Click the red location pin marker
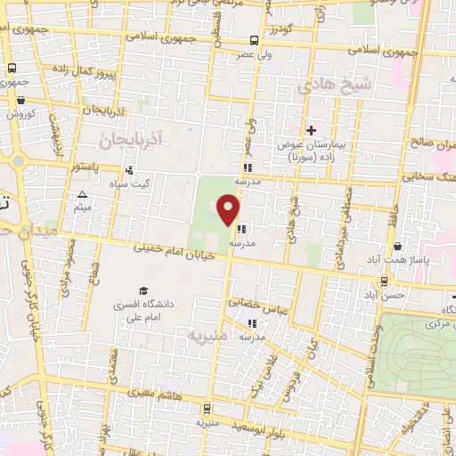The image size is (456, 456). [229, 210]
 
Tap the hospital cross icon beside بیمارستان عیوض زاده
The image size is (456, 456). [311, 131]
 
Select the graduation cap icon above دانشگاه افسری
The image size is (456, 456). [142, 291]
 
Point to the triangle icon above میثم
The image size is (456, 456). [83, 195]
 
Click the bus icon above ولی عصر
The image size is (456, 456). [255, 40]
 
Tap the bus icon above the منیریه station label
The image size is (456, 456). [208, 409]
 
